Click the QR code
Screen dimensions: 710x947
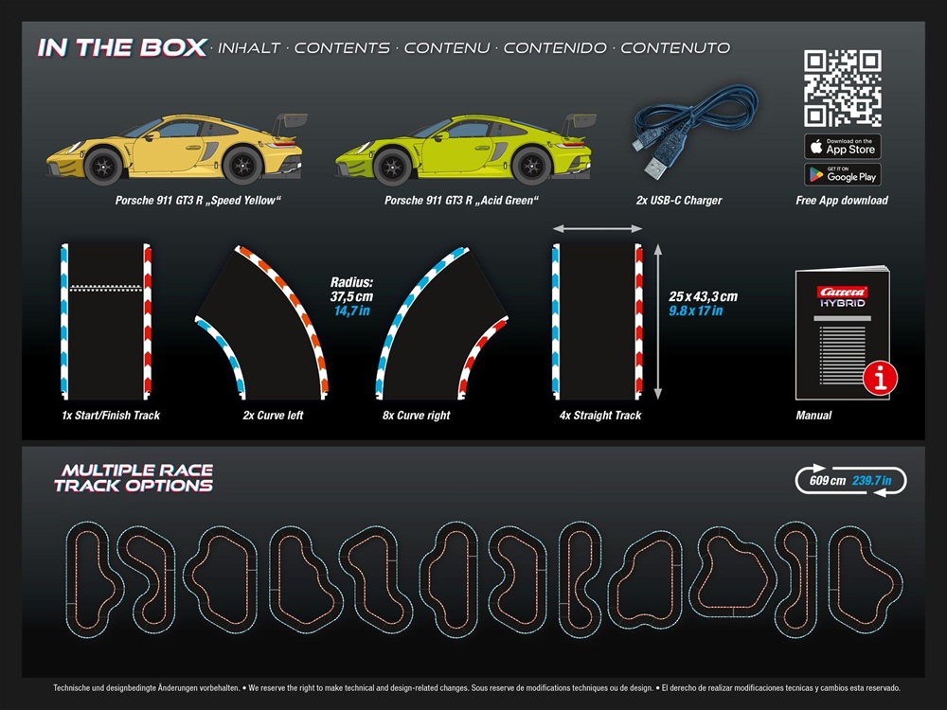coord(843,89)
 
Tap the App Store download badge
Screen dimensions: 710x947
coord(843,147)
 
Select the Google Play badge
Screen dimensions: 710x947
coord(843,174)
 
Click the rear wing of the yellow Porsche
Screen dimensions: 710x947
coord(292,122)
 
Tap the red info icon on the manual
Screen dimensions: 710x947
coord(881,380)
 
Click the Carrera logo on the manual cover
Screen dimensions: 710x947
coord(843,291)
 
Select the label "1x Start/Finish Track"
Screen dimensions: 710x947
coord(105,416)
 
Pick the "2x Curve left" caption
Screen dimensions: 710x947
coord(273,416)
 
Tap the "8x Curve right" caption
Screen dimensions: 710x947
coord(418,416)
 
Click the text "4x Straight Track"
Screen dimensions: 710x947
coord(600,416)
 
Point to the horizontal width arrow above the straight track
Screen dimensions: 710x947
coord(598,228)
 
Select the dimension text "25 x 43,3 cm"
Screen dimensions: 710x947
coord(703,296)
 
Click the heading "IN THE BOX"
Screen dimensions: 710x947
coord(122,48)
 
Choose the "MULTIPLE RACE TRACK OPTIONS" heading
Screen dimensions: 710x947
coord(134,478)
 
